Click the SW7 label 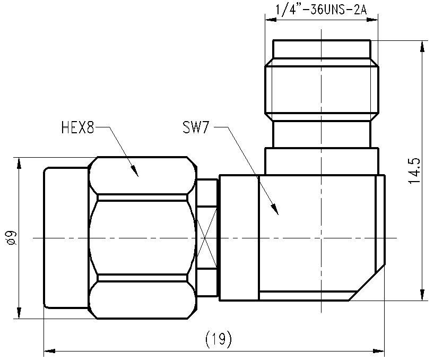click(195, 127)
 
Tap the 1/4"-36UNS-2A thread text click(321, 10)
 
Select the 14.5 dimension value click(414, 171)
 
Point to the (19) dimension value click(219, 339)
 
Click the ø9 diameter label click(12, 237)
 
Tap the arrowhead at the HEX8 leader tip click(135, 172)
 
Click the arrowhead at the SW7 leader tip click(275, 209)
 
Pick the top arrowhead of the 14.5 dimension click(422, 47)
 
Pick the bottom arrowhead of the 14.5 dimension click(422, 295)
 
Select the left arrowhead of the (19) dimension click(49, 351)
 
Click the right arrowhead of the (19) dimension click(379, 351)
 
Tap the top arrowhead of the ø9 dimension click(19, 163)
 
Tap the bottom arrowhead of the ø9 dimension click(19, 313)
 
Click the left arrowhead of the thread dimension click(271, 20)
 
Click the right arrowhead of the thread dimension click(372, 20)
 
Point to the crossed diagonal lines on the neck click(206, 237)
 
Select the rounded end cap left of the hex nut click(66, 237)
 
